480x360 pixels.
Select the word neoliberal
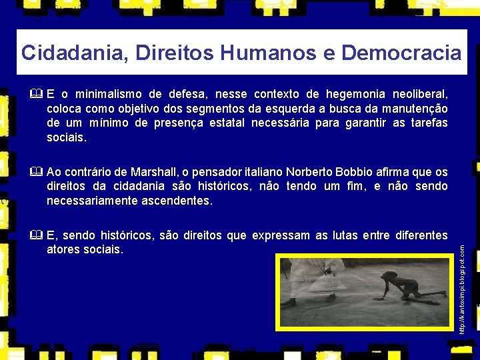pyautogui.click(x=421, y=93)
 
